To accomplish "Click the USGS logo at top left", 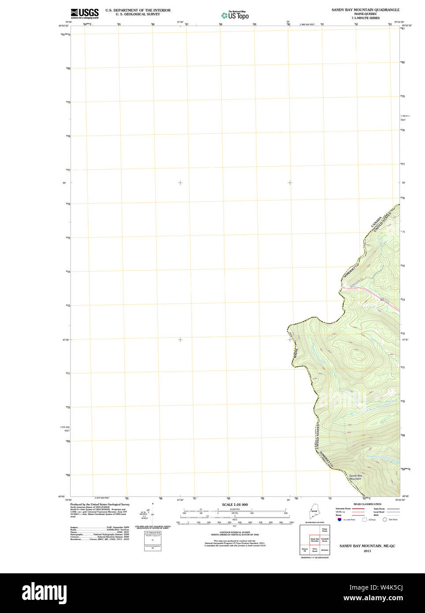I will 85,13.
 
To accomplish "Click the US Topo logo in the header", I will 235,15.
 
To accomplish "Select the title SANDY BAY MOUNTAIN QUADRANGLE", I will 365,10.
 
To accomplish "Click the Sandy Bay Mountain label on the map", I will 355,477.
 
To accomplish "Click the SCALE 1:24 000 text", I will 235,505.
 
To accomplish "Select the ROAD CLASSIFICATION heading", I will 367,504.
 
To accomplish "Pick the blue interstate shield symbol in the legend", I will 339,520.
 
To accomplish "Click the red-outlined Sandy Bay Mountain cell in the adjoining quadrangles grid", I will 314,539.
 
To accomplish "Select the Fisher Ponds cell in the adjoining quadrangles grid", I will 325,530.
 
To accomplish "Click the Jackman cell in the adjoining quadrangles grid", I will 325,550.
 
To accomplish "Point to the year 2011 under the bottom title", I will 367,551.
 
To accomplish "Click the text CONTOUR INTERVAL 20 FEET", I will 235,532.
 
